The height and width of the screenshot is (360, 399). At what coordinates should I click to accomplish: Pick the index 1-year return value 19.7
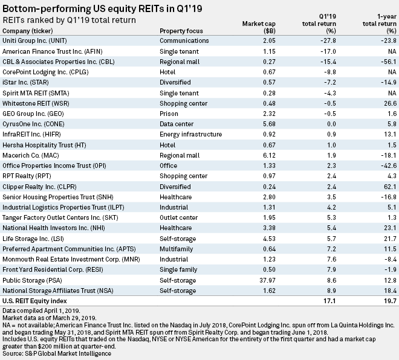point(384,300)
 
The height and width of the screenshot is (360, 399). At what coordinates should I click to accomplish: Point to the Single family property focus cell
point(178,270)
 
